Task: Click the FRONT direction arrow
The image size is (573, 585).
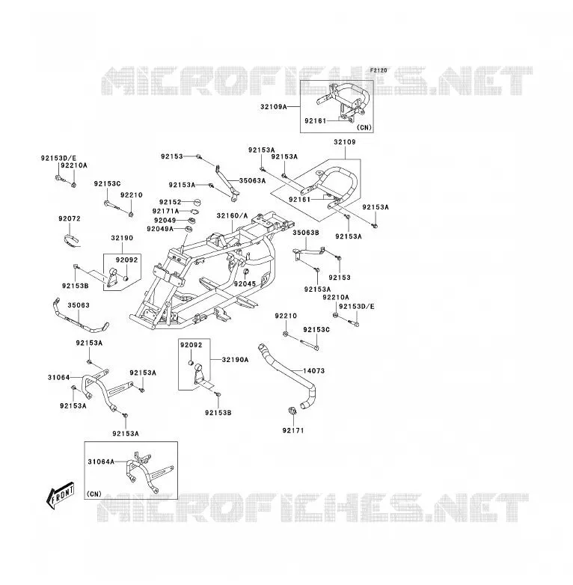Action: pyautogui.click(x=60, y=495)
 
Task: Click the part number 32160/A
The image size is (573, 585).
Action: pyautogui.click(x=232, y=215)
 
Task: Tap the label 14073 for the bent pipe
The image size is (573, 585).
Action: pyautogui.click(x=313, y=371)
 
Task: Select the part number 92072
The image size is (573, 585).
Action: pyautogui.click(x=70, y=218)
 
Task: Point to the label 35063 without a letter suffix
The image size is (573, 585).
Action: pyautogui.click(x=79, y=305)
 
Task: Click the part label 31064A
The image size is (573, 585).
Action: pyautogui.click(x=101, y=462)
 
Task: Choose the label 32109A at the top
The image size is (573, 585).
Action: pyautogui.click(x=274, y=107)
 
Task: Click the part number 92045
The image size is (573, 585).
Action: pyautogui.click(x=245, y=284)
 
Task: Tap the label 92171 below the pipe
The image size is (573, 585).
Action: pyautogui.click(x=293, y=431)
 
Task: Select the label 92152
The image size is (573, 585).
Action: pyautogui.click(x=170, y=202)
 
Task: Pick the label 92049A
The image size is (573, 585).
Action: pyautogui.click(x=160, y=229)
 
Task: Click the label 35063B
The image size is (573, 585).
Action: pyautogui.click(x=306, y=233)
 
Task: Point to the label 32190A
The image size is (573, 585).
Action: pyautogui.click(x=235, y=360)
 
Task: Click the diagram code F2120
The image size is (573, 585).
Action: pyautogui.click(x=379, y=70)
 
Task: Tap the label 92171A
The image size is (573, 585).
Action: pyautogui.click(x=165, y=211)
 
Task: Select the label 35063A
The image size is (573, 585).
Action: pyautogui.click(x=253, y=180)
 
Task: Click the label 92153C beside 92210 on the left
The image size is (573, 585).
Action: pyautogui.click(x=108, y=183)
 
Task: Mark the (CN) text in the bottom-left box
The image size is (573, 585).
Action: pyautogui.click(x=94, y=494)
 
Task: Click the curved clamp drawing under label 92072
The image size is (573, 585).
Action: pyautogui.click(x=70, y=240)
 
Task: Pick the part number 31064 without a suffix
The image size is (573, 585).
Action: pyautogui.click(x=58, y=378)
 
